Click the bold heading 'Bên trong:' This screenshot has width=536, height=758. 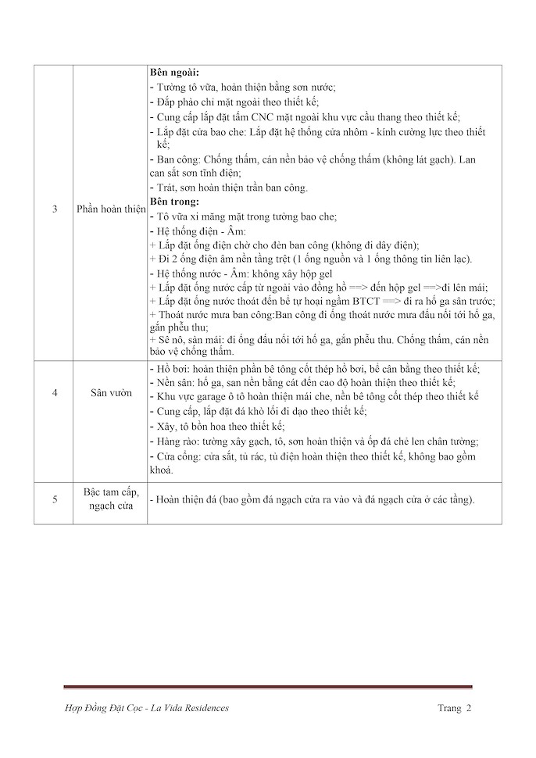[175, 201]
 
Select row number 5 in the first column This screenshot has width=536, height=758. [55, 500]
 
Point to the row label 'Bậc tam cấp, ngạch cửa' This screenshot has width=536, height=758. [110, 500]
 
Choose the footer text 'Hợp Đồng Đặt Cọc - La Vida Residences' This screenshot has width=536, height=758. [148, 708]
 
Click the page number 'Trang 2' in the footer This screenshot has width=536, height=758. [454, 708]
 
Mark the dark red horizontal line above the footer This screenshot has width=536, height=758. [268, 687]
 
